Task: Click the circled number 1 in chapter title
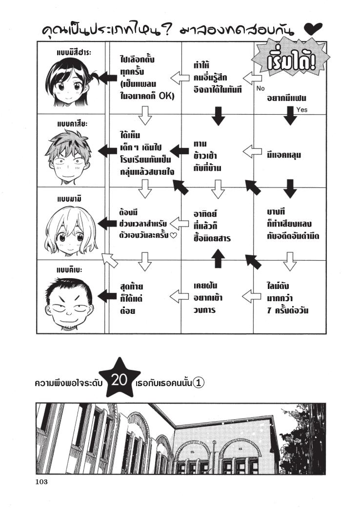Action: [x=198, y=383]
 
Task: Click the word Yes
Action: [x=301, y=110]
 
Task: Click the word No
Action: [x=260, y=89]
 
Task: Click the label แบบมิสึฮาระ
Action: [x=71, y=52]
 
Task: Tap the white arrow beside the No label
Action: [x=251, y=77]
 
